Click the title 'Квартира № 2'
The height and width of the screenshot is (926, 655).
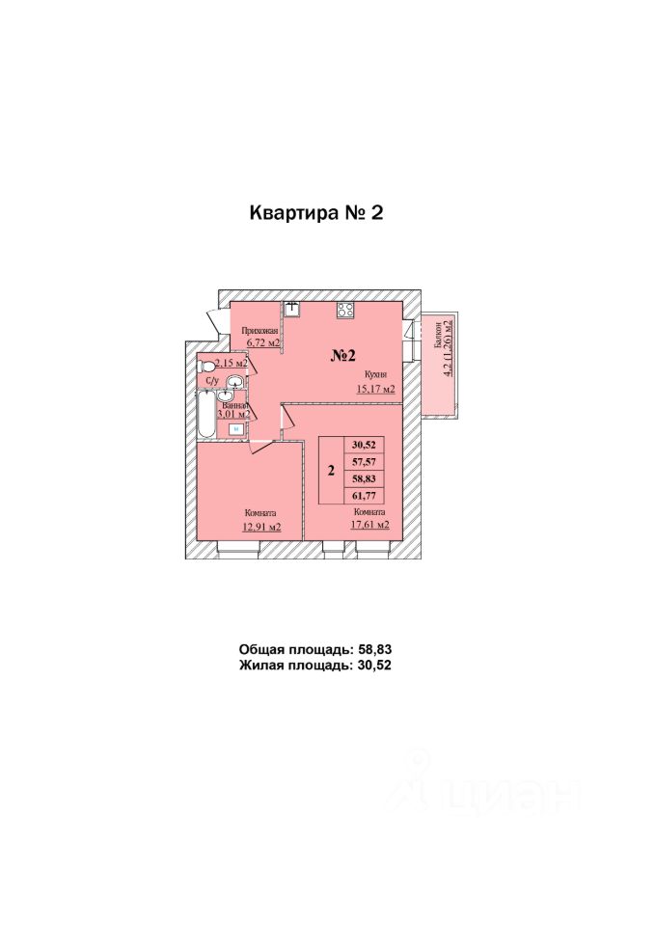[x=316, y=212]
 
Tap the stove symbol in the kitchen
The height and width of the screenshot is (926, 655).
[x=345, y=310]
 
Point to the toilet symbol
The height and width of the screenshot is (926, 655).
[x=205, y=366]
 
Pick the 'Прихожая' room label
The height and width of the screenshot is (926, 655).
[x=259, y=331]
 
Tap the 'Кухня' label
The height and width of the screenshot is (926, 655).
[x=375, y=374]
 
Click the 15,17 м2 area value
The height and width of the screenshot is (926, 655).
[x=375, y=389]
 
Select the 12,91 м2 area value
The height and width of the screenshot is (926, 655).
[x=261, y=527]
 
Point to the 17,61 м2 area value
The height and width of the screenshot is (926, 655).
[x=369, y=524]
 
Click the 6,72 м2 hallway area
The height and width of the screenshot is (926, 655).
[x=262, y=341]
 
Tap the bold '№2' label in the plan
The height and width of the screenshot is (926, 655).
[x=343, y=355]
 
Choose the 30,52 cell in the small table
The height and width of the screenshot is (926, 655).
[x=364, y=445]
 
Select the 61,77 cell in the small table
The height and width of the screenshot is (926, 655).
[x=364, y=496]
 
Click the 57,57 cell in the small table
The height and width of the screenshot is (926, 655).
[x=364, y=462]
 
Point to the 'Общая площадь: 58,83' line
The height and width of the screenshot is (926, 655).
[x=315, y=649]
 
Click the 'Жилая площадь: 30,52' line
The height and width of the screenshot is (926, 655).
[x=315, y=665]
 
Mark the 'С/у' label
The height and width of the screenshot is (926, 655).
[x=212, y=381]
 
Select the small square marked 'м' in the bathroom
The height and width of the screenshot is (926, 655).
[x=236, y=429]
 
